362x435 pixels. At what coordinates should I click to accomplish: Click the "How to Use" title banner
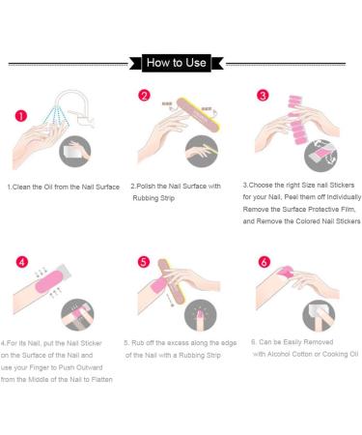point(177,63)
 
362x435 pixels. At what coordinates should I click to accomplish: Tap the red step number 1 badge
point(21,116)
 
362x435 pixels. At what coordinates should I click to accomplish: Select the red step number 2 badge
point(144,96)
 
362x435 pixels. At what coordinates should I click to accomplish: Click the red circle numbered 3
point(263,96)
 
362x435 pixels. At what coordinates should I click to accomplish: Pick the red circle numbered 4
point(22,262)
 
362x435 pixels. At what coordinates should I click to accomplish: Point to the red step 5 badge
point(144,262)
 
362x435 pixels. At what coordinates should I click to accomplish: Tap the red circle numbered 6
point(265,262)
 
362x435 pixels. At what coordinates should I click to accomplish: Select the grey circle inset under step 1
point(75,152)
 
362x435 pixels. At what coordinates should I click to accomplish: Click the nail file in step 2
point(198,115)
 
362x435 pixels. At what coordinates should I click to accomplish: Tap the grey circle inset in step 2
point(202,151)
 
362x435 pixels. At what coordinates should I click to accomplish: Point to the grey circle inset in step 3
point(320,156)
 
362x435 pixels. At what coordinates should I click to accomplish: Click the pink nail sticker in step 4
point(49,281)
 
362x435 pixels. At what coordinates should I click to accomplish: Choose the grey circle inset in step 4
point(77,315)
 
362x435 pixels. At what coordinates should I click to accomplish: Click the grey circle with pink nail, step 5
point(201,315)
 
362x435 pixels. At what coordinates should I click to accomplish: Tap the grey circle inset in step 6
point(319,315)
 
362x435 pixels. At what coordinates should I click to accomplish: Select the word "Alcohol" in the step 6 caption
point(280,354)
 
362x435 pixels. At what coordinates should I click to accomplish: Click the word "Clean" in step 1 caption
point(21,187)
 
